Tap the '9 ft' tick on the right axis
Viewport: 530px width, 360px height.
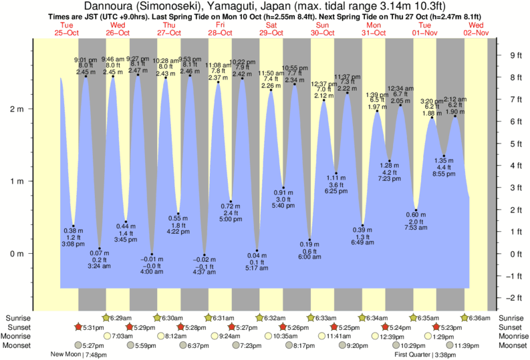[x=515, y=55]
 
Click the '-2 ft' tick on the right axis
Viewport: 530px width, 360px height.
[x=514, y=298]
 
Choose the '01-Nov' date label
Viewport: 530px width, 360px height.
[x=425, y=33]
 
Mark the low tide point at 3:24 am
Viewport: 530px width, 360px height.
[x=99, y=248]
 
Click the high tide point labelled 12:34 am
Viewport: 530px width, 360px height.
[x=400, y=105]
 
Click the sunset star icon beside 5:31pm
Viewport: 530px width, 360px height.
[x=78, y=327]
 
